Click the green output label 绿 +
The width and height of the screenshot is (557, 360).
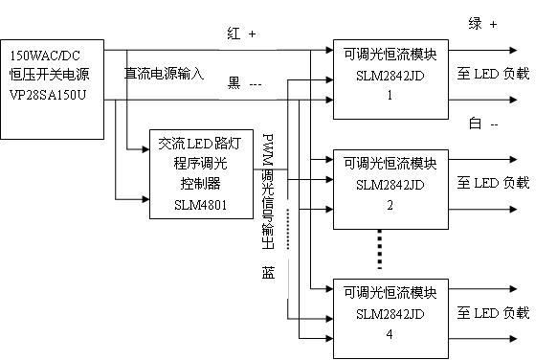pos(482,25)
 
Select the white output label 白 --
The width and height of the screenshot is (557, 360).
pos(483,124)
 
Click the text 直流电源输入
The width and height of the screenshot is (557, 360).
pos(164,73)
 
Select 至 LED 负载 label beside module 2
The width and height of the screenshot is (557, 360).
pos(492,182)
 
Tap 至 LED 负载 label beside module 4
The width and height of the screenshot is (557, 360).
pos(492,312)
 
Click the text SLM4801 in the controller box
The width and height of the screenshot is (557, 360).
pos(201,202)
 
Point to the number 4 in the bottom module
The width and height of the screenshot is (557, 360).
pos(389,333)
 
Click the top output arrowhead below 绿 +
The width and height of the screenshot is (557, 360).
pos(515,50)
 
